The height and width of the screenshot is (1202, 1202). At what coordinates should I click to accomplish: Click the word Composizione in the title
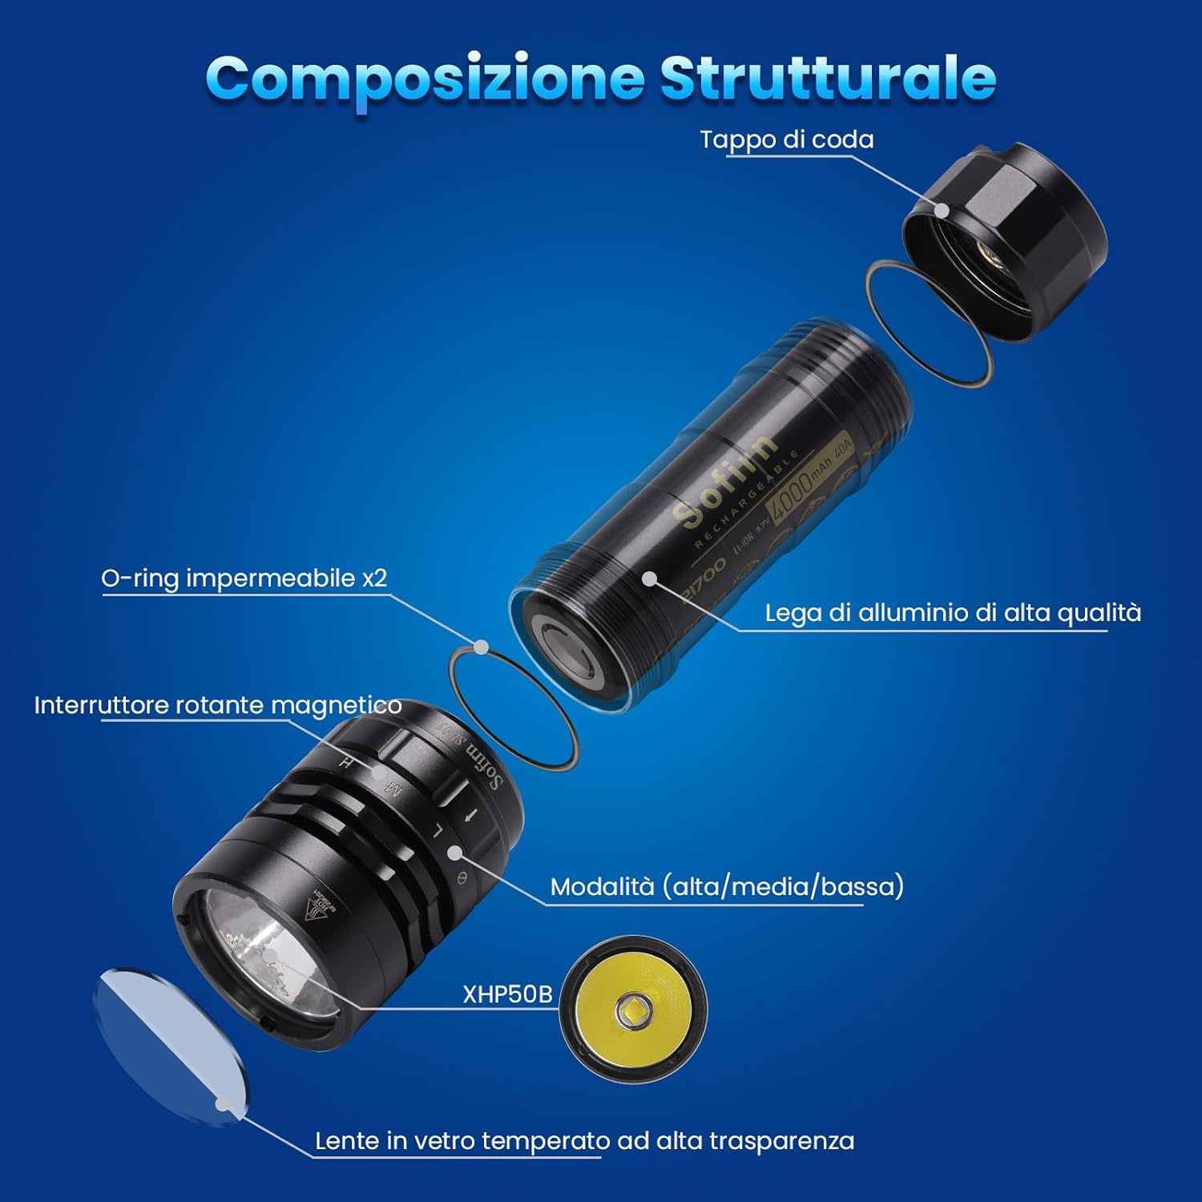coord(425,79)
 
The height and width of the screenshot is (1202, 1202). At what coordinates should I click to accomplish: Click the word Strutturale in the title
coord(827,79)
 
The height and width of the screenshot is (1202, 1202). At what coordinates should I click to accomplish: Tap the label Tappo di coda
coord(786,139)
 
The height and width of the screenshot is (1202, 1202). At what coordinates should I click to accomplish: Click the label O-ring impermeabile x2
coord(244,578)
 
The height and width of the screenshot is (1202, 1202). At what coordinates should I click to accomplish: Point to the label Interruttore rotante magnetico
coord(217,705)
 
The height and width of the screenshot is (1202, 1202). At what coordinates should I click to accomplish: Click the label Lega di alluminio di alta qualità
coord(952,613)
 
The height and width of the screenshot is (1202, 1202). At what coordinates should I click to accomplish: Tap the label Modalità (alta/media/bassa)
coord(727,886)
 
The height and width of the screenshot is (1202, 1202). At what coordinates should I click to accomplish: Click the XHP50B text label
coord(507,994)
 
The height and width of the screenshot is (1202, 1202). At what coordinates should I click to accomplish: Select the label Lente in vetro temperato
coord(583,1140)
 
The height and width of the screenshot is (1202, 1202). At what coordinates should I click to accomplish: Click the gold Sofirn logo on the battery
coord(725,481)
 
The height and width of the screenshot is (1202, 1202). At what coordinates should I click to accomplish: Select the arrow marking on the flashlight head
coord(472,816)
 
